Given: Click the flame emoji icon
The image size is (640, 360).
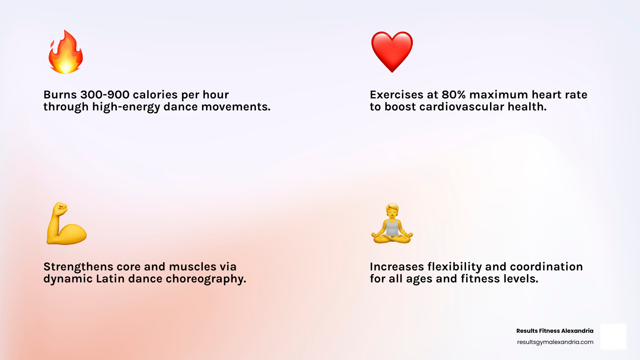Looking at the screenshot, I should (x=66, y=52).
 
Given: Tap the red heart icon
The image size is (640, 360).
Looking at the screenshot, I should (x=392, y=51).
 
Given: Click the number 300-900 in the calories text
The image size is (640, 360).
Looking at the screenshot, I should (x=105, y=95).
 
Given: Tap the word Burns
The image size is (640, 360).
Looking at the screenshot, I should (x=60, y=95).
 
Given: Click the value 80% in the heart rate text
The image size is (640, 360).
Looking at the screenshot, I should (x=454, y=95).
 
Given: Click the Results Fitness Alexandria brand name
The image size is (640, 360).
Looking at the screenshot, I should (x=555, y=331).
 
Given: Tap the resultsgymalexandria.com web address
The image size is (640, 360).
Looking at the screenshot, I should (x=555, y=342).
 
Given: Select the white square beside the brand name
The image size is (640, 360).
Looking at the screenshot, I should (x=613, y=336).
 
